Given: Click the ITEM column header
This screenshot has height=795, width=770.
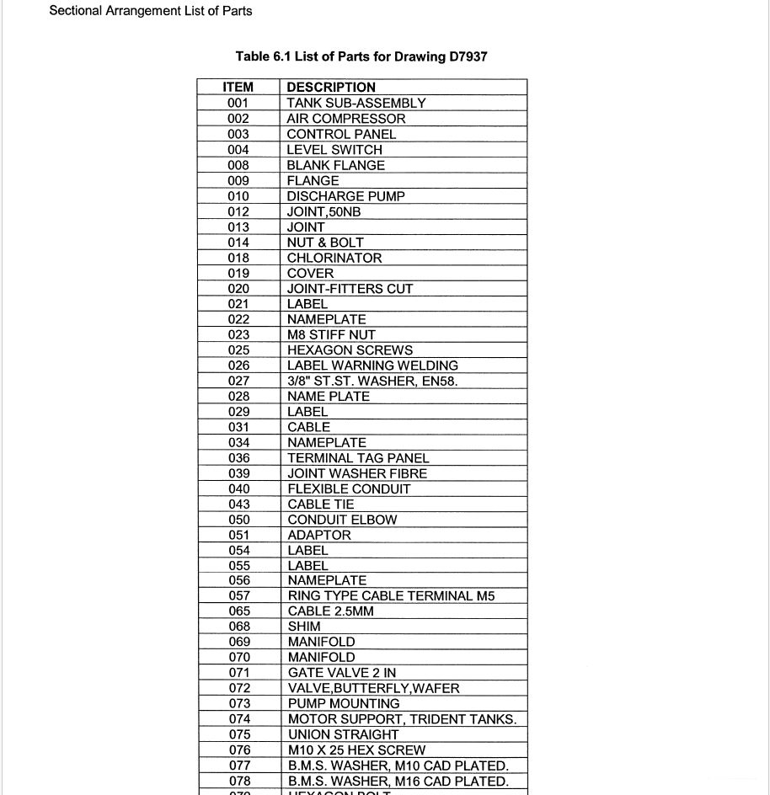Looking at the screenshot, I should click(238, 87).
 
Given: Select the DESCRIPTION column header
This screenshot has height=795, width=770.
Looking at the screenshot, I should click(331, 87).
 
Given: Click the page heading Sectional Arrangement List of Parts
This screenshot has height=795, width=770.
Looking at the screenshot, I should click(151, 11).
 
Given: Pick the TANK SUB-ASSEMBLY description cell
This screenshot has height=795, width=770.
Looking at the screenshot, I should click(356, 103).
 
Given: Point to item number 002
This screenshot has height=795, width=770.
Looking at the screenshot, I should click(238, 119).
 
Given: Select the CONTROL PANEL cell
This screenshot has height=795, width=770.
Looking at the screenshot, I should click(341, 134).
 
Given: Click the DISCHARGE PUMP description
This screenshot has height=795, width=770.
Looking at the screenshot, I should click(345, 196).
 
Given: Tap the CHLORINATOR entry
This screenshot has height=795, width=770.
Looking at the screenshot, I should click(334, 258).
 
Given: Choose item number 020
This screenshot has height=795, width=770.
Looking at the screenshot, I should click(238, 289).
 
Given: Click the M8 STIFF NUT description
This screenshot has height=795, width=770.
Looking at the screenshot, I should click(331, 334).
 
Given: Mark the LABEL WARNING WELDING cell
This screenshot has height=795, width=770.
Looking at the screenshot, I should click(372, 365).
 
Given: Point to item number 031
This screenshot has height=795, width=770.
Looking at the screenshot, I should click(238, 427).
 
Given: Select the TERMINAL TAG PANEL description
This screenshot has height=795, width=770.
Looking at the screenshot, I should click(358, 458).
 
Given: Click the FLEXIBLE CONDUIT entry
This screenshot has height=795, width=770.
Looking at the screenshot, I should click(349, 488).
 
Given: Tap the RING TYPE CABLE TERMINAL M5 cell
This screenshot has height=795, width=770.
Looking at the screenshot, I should click(391, 595).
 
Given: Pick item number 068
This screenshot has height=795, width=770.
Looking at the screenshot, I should click(239, 627).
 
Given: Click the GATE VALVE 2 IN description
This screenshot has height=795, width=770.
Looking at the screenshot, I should click(342, 672).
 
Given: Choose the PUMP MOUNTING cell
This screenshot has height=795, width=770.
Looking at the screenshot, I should click(344, 703).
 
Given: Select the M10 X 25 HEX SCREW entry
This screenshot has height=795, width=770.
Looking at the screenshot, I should click(356, 750).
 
